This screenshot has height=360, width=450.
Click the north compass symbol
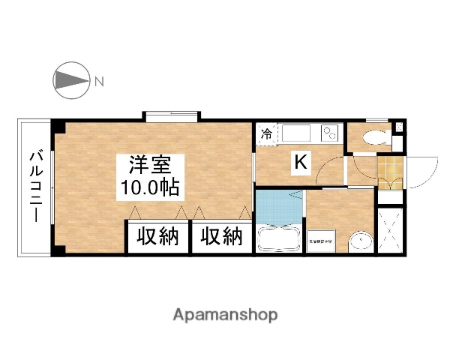(69, 79)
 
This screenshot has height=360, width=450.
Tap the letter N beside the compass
(98, 80)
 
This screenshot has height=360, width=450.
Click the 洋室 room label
(146, 163)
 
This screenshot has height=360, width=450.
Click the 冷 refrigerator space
(265, 135)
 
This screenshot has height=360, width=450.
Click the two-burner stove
(331, 133)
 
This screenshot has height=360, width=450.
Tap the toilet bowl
(373, 138)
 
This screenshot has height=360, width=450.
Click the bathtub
(279, 238)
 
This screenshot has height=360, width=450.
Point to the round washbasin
(361, 240)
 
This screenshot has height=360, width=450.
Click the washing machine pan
(322, 241)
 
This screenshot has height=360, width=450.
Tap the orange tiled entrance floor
(389, 172)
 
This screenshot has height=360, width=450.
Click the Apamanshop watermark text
(224, 315)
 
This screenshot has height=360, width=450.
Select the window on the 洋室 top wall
(172, 116)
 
